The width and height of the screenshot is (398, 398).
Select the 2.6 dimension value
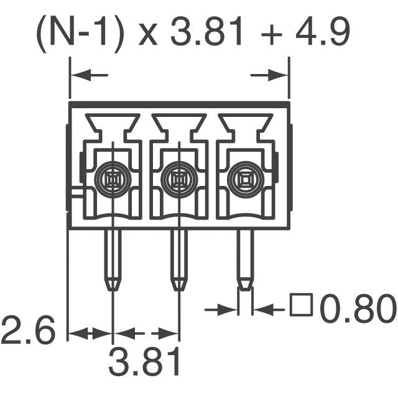click(x=29, y=330)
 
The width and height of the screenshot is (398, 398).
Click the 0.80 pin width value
click(x=358, y=310)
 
